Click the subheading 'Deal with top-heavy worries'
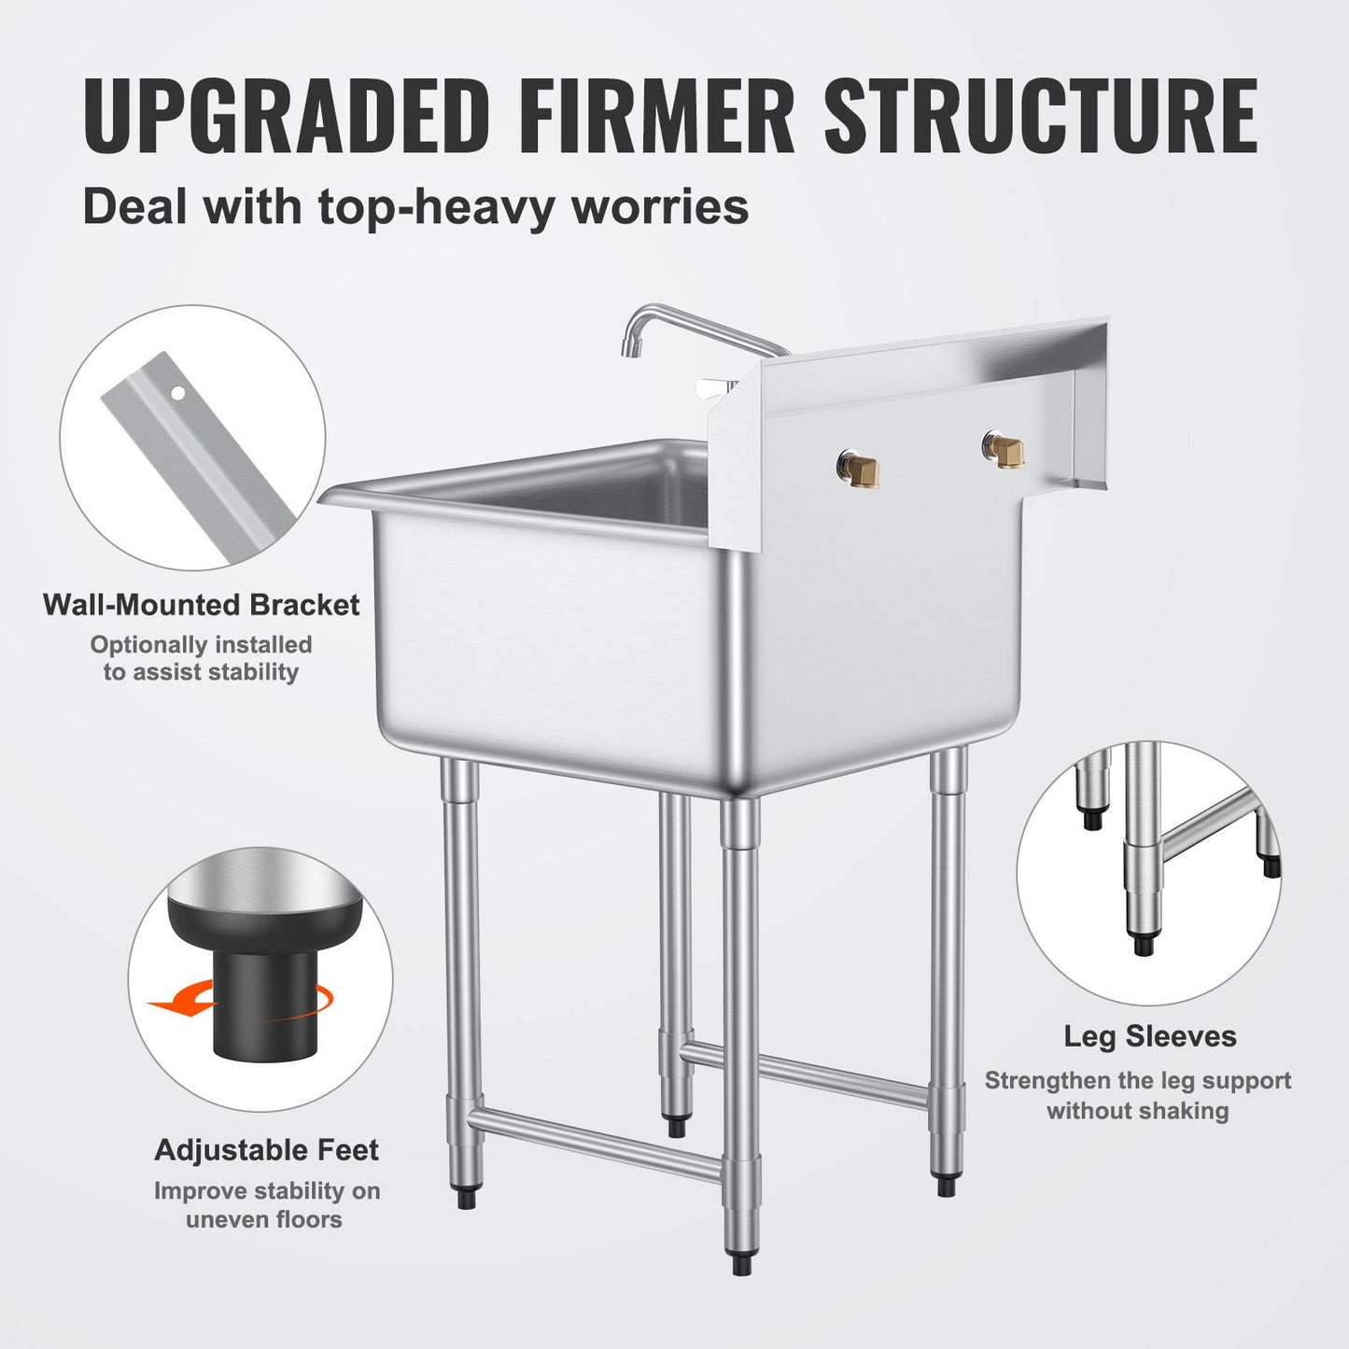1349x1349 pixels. point(415,206)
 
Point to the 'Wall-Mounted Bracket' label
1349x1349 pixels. point(201,605)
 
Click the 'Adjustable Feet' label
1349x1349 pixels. point(266,1149)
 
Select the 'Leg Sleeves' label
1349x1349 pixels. point(1149,1036)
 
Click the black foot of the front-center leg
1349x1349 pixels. point(741,1265)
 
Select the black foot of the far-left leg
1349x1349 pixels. point(466,1198)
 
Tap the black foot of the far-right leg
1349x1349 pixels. point(945,1185)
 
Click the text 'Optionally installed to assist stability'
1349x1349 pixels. point(201,658)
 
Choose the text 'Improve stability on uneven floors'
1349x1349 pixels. point(266,1204)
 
